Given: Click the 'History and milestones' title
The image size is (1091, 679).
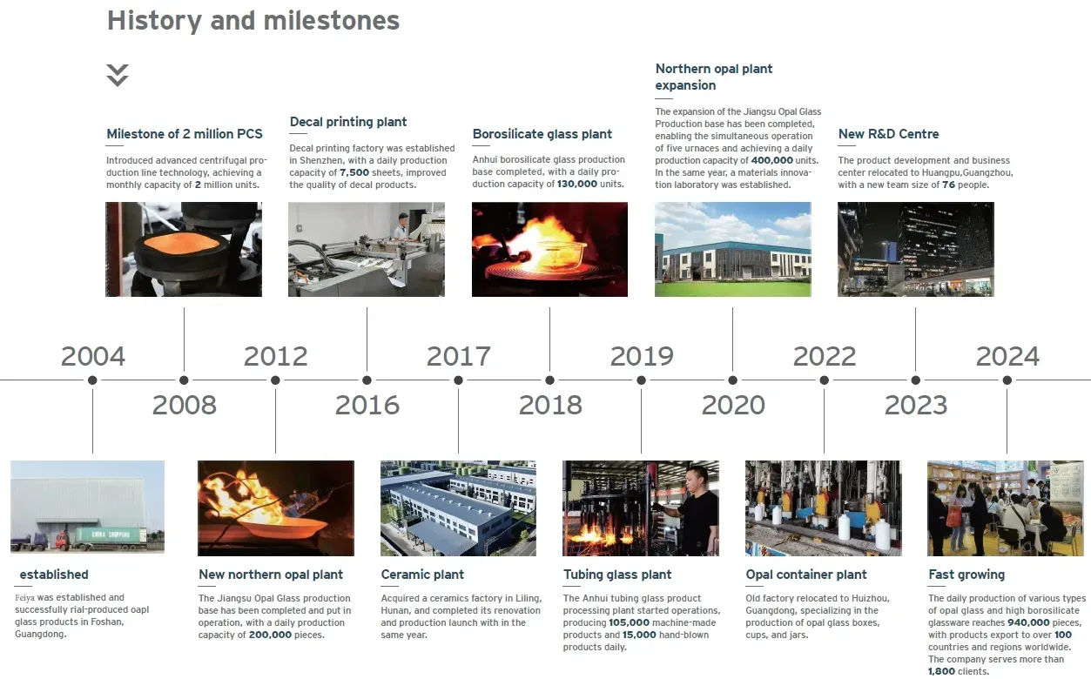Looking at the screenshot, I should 253,21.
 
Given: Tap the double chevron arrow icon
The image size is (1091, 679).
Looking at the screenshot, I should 118,75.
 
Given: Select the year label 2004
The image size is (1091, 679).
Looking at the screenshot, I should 93,356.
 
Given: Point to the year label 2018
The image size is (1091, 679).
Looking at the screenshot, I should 550,405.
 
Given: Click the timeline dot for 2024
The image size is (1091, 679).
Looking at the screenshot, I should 1007,380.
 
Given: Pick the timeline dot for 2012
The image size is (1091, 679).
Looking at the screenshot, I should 275,380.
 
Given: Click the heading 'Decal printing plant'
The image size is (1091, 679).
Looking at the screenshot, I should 348,122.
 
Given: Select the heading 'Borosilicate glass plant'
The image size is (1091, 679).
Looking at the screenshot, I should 542,134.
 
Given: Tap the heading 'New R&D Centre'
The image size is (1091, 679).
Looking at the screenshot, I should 888,134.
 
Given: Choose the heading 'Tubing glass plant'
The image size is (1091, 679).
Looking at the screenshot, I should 617,575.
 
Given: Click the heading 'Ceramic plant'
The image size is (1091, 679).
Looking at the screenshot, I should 422,575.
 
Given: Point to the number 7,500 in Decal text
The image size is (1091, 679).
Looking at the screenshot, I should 354,172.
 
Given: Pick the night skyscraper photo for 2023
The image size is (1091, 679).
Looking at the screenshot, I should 915,250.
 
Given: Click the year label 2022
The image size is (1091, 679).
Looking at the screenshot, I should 825,356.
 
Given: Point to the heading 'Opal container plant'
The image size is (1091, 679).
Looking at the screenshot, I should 806,575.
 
